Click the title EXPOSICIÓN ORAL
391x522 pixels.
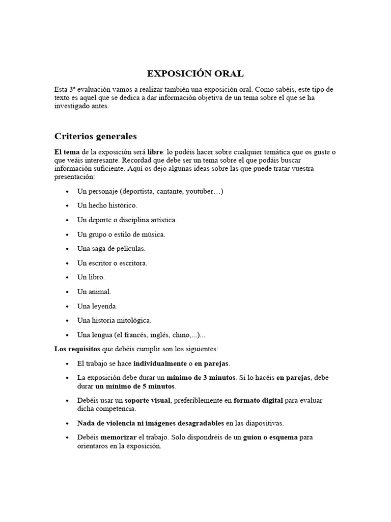pos(195,73)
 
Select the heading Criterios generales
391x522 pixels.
pos(95,137)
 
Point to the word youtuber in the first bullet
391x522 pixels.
pos(200,191)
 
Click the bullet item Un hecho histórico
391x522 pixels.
pos(107,205)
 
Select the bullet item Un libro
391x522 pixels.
pos(91,277)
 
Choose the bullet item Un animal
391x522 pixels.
pos(94,292)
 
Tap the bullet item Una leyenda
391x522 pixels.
pos(97,306)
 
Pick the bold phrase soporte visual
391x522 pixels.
pos(148,401)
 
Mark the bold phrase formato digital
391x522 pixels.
pos(258,401)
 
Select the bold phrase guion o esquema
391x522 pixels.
pos(270,437)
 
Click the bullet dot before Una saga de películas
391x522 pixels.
pos(68,249)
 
